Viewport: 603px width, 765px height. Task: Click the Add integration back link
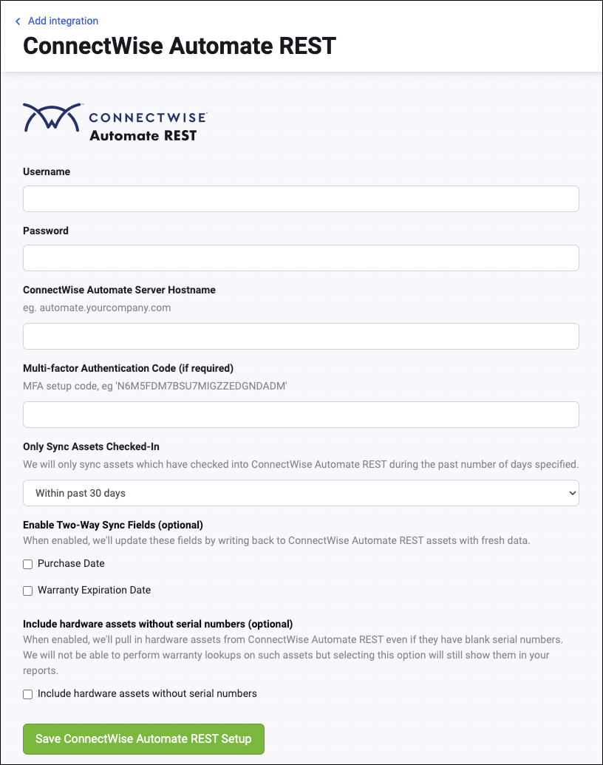tap(63, 21)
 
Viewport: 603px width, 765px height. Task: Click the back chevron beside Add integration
tap(18, 21)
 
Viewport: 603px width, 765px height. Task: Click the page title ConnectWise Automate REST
tap(180, 46)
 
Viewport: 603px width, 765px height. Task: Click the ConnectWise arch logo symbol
tap(51, 117)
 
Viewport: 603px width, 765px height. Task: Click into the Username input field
tap(301, 199)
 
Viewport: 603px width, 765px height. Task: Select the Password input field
tap(301, 258)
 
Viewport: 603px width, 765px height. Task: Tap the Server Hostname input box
tap(301, 336)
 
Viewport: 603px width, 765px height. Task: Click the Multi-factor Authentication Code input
tap(301, 415)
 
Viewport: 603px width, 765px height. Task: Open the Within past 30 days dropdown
tap(301, 493)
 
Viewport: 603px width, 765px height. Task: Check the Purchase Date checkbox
tap(28, 564)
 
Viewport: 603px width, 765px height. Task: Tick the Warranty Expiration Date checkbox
tap(28, 591)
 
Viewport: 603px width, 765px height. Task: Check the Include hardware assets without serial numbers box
tap(28, 694)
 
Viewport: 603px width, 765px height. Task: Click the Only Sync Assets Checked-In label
tap(91, 446)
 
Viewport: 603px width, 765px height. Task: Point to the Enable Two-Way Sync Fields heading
tap(112, 525)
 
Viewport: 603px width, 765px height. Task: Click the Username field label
tap(47, 171)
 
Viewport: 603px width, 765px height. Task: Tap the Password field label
tap(46, 231)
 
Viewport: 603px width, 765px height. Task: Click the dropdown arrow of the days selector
tap(571, 493)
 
